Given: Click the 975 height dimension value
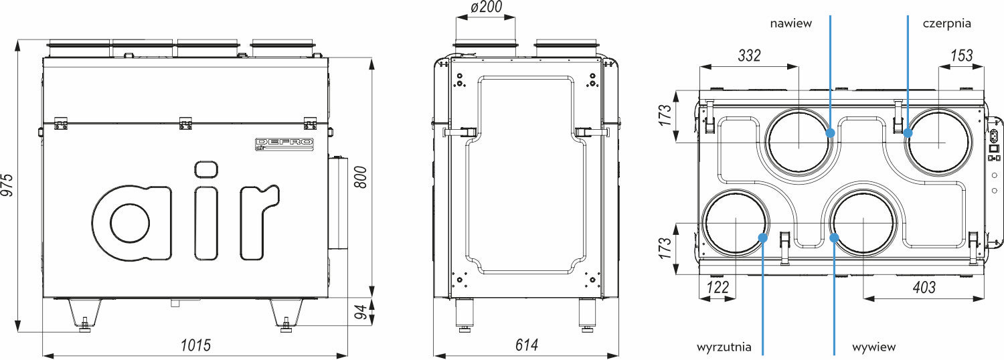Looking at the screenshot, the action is tap(7, 184).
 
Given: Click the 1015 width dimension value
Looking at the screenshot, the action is tap(196, 345).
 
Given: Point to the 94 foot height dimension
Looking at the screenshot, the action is tap(361, 312).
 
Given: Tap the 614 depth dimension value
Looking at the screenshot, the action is tap(527, 345).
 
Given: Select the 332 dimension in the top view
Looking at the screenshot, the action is tap(750, 56).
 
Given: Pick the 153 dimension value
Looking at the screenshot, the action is tap(962, 56).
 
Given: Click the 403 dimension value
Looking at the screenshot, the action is tap(924, 287).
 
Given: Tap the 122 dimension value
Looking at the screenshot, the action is tap(718, 287).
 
